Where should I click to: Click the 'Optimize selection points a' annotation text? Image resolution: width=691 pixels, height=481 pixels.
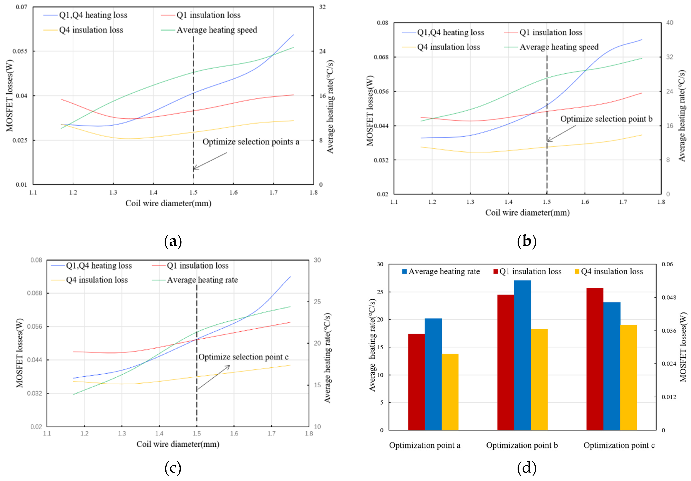251,142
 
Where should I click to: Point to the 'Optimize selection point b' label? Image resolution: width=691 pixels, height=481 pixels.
606,119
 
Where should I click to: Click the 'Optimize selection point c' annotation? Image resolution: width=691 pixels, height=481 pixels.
243,357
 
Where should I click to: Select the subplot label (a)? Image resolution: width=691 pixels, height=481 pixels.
173,242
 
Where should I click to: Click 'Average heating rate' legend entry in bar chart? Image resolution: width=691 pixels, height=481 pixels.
444,271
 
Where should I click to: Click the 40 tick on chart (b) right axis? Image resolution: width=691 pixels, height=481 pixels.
669,23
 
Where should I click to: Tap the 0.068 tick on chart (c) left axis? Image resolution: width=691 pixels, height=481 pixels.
34,293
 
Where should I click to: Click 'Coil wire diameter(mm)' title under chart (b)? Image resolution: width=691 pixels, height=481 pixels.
527,213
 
